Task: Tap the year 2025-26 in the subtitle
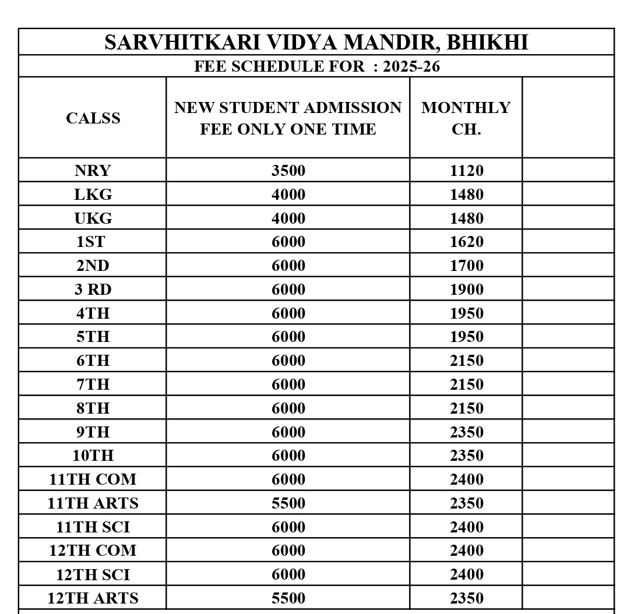(x=411, y=66)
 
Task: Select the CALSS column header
(x=93, y=118)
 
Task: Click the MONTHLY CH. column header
(x=466, y=118)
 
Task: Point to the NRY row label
(x=93, y=171)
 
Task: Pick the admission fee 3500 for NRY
(x=288, y=171)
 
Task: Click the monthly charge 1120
(x=466, y=171)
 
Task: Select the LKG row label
(x=93, y=195)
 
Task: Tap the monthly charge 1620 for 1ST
(x=466, y=242)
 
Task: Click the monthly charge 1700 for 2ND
(x=466, y=266)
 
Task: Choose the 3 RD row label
(x=93, y=290)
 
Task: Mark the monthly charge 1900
(x=466, y=290)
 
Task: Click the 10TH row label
(x=93, y=456)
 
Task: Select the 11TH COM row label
(x=93, y=479)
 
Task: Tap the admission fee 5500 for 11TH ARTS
(x=288, y=503)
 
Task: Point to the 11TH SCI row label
(x=93, y=527)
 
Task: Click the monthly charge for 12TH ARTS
(x=466, y=598)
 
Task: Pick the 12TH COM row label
(x=93, y=551)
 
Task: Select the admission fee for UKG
(x=288, y=218)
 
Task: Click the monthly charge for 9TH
(x=466, y=432)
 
